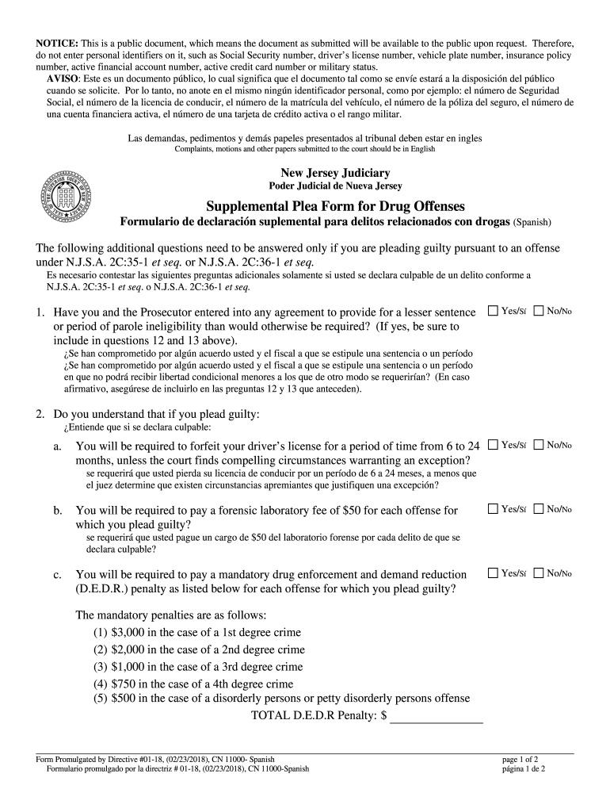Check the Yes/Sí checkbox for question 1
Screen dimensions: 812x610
493,311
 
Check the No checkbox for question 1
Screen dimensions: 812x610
539,311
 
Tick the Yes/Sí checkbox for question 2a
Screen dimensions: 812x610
493,445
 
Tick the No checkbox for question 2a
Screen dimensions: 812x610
539,445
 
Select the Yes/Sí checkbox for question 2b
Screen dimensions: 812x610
493,509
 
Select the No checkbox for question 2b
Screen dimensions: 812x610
539,509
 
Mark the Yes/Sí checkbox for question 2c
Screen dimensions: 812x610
493,573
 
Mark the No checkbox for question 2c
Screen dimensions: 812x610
539,573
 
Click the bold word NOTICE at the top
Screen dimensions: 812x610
55,42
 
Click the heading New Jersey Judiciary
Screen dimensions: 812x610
335,173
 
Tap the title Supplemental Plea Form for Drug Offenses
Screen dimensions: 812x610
335,205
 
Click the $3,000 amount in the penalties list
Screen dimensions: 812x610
128,632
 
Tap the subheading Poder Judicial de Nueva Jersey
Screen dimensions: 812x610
335,186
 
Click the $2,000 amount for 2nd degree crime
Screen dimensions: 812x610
128,649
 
